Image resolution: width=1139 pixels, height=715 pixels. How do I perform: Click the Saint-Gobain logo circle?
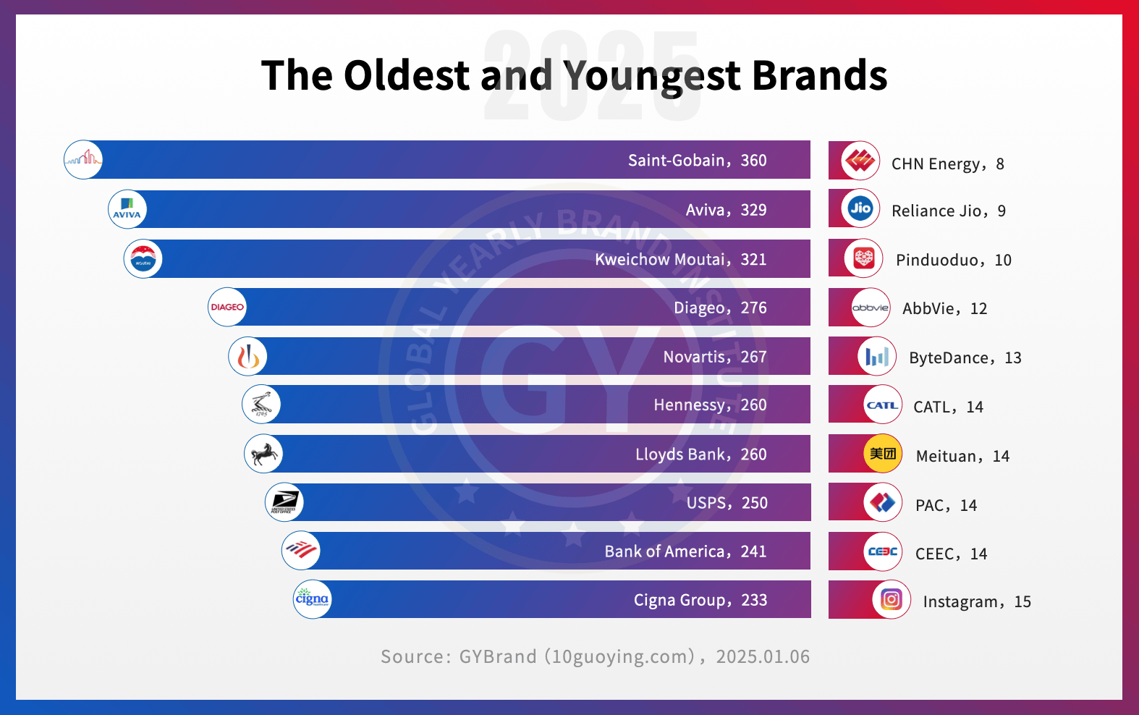(83, 159)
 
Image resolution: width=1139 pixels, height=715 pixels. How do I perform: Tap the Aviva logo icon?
(127, 209)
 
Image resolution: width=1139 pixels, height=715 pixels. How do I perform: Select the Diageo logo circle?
(227, 307)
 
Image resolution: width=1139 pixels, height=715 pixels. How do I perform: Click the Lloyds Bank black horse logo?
(263, 454)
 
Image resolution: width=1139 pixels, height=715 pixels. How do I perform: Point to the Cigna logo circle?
(313, 599)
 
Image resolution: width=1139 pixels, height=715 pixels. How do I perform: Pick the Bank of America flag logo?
(301, 551)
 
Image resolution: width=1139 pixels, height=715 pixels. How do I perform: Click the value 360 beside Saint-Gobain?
(753, 161)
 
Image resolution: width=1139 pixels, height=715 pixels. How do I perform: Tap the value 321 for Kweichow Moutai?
(753, 260)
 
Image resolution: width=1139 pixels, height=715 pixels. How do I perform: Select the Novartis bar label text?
(696, 357)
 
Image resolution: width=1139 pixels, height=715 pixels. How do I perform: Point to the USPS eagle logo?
(284, 502)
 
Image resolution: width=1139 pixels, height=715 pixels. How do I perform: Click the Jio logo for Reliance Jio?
(860, 208)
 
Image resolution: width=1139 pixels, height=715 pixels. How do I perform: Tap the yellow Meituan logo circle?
(883, 454)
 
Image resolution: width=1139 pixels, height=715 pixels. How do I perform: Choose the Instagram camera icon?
(892, 599)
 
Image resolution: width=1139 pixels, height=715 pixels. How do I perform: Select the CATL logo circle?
(883, 405)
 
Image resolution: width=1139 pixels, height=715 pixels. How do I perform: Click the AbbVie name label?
(928, 309)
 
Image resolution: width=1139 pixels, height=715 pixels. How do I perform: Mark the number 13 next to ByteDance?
(1013, 358)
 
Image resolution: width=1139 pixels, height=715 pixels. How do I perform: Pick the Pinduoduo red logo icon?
(864, 258)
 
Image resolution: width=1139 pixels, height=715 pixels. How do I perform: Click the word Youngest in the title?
(652, 75)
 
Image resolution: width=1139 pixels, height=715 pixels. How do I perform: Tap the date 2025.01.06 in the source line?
(763, 656)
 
